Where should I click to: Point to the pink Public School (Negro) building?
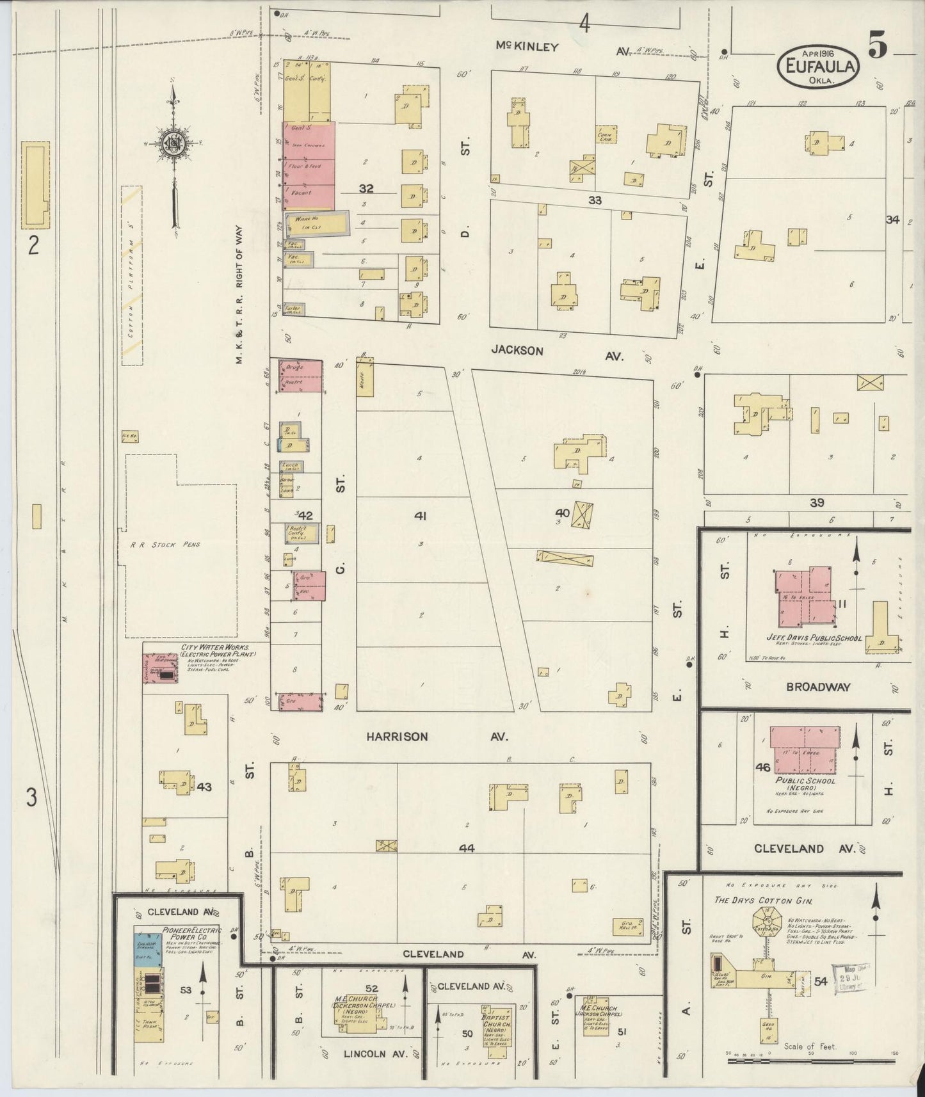pyautogui.click(x=804, y=746)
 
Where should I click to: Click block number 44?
pyautogui.click(x=467, y=847)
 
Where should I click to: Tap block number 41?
pyautogui.click(x=420, y=515)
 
